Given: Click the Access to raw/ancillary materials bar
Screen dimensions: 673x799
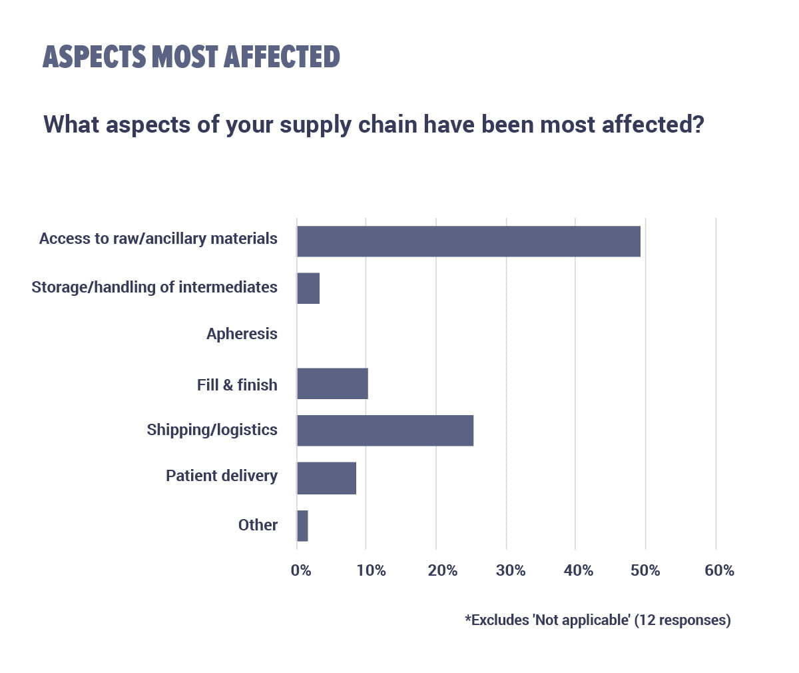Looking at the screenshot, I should point(469,241).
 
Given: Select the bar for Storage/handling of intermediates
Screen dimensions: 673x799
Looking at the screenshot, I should point(308,289).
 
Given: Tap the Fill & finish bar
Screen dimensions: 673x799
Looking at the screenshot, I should point(332,383).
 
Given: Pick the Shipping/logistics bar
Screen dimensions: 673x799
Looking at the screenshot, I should point(385,430).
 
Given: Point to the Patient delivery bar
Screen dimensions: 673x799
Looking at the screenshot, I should point(326,478).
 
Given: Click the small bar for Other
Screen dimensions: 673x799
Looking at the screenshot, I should point(302,526).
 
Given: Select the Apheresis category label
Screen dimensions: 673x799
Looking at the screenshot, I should point(242,334).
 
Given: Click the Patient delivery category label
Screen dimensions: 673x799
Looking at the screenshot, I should point(222,476).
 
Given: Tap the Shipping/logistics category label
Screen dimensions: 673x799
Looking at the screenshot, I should point(212,430).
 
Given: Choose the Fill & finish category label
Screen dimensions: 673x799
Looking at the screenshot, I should point(237,385).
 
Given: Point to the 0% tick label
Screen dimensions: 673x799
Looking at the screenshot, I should point(301,570).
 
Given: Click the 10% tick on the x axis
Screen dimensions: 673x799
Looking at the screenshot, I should point(371,570).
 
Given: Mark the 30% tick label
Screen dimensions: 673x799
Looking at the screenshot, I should point(511,570).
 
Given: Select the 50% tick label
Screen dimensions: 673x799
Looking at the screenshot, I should point(645,570).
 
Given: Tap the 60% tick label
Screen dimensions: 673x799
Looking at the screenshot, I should point(719,570).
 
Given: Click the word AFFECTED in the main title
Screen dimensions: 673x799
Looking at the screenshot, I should point(282,57).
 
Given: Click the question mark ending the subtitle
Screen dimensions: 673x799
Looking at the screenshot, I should point(698,124).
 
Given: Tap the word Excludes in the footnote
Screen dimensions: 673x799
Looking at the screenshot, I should point(500,620).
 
